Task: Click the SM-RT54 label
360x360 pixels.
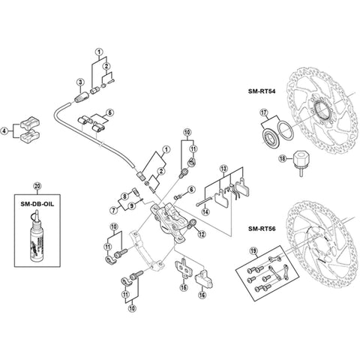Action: (262, 91)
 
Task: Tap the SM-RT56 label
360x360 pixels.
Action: (262, 229)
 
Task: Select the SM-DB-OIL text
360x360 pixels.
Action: (37, 204)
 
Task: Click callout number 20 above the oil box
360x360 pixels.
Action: (37, 186)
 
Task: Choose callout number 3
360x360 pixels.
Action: (80, 82)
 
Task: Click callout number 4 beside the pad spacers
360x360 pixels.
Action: (4, 130)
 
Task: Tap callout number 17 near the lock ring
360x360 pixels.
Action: (263, 112)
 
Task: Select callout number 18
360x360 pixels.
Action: (283, 159)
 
